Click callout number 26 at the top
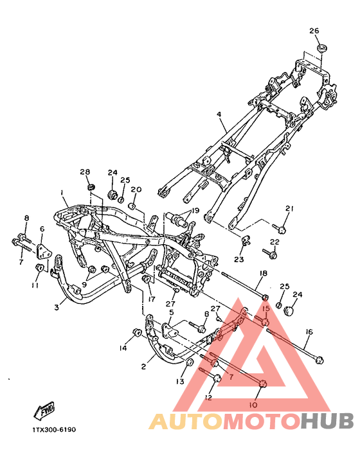pos(314,31)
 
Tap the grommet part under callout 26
pos(321,49)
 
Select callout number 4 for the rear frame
pos(219,114)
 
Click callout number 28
pos(85,172)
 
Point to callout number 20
pos(136,190)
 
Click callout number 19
pos(195,211)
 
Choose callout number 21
pos(289,209)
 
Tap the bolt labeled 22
pos(269,253)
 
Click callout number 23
pos(239,260)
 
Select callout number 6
pos(42,229)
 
